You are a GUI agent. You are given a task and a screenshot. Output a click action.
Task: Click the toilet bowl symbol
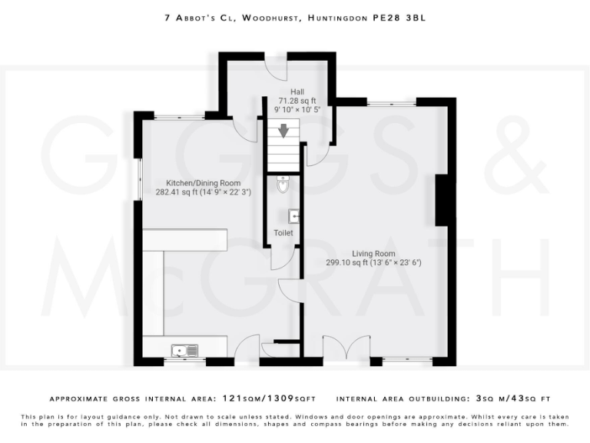(x=283, y=185)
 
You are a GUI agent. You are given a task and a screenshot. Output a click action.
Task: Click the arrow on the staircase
(x=283, y=131)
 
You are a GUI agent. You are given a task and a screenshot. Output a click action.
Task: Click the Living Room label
(x=373, y=253)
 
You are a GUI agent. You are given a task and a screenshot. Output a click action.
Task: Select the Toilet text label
(x=283, y=232)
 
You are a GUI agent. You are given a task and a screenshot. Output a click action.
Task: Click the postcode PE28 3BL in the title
(x=399, y=16)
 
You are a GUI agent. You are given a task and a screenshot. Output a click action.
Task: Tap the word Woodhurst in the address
(x=269, y=16)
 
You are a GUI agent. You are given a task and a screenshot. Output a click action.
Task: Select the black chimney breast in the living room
(x=442, y=199)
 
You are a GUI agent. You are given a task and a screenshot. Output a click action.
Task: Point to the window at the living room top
(x=391, y=102)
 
